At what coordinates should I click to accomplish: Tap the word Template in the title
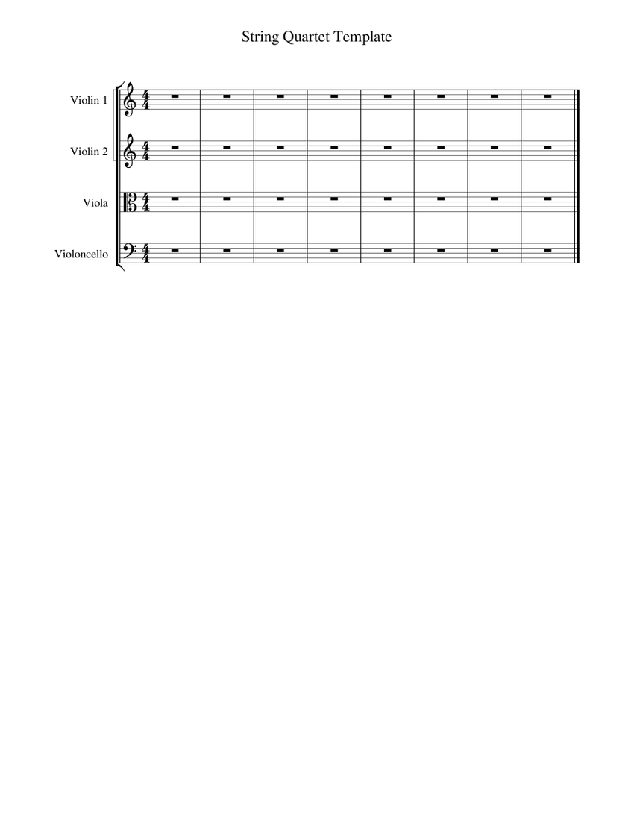tap(363, 37)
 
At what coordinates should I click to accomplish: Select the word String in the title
tap(259, 37)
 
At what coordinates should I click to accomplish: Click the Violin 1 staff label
tap(89, 99)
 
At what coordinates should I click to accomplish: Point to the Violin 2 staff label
tap(89, 152)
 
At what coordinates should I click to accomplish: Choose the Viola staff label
tap(95, 202)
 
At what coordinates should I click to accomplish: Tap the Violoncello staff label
tap(81, 254)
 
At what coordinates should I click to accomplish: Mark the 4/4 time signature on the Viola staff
tap(145, 202)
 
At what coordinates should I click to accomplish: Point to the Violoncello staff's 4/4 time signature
tap(145, 254)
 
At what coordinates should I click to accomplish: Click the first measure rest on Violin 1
tap(175, 96)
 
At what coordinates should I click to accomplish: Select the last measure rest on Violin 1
tap(548, 96)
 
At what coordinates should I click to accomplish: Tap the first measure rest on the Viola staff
tap(175, 199)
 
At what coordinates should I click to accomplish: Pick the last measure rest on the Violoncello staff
tap(548, 250)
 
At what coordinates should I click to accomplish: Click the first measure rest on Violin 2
tap(175, 148)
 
